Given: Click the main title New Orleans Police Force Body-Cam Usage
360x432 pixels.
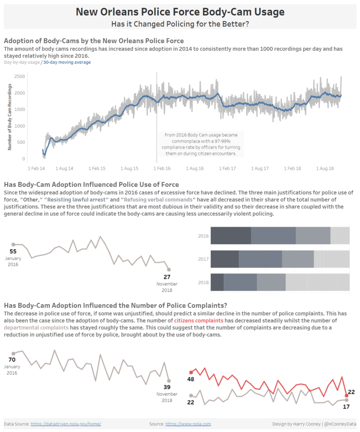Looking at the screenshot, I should (x=180, y=12).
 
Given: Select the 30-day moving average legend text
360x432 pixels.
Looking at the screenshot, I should (x=67, y=62).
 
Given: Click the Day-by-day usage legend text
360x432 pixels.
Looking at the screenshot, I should (x=21, y=62).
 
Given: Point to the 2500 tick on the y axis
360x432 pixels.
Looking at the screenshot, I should (x=19, y=76).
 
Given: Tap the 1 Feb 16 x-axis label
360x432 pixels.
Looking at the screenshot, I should (x=161, y=168).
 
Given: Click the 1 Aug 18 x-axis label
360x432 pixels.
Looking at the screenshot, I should (x=325, y=168).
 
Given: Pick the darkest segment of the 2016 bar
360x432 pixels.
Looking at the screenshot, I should (x=231, y=235).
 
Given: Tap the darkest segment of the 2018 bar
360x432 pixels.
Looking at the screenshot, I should (x=217, y=282).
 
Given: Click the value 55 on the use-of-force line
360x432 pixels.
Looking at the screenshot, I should (x=13, y=252).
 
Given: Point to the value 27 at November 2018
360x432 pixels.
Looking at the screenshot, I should (x=167, y=277).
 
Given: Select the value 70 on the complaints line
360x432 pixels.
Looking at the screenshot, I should (x=12, y=360).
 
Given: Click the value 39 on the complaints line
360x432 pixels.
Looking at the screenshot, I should (x=167, y=387).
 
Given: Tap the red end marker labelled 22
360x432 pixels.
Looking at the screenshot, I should (x=347, y=395).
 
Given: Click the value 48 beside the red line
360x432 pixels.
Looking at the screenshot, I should (x=191, y=379).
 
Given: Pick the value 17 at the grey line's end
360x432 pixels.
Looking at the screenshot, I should (x=346, y=407).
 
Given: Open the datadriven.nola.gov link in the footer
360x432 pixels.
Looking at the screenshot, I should (x=66, y=424).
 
